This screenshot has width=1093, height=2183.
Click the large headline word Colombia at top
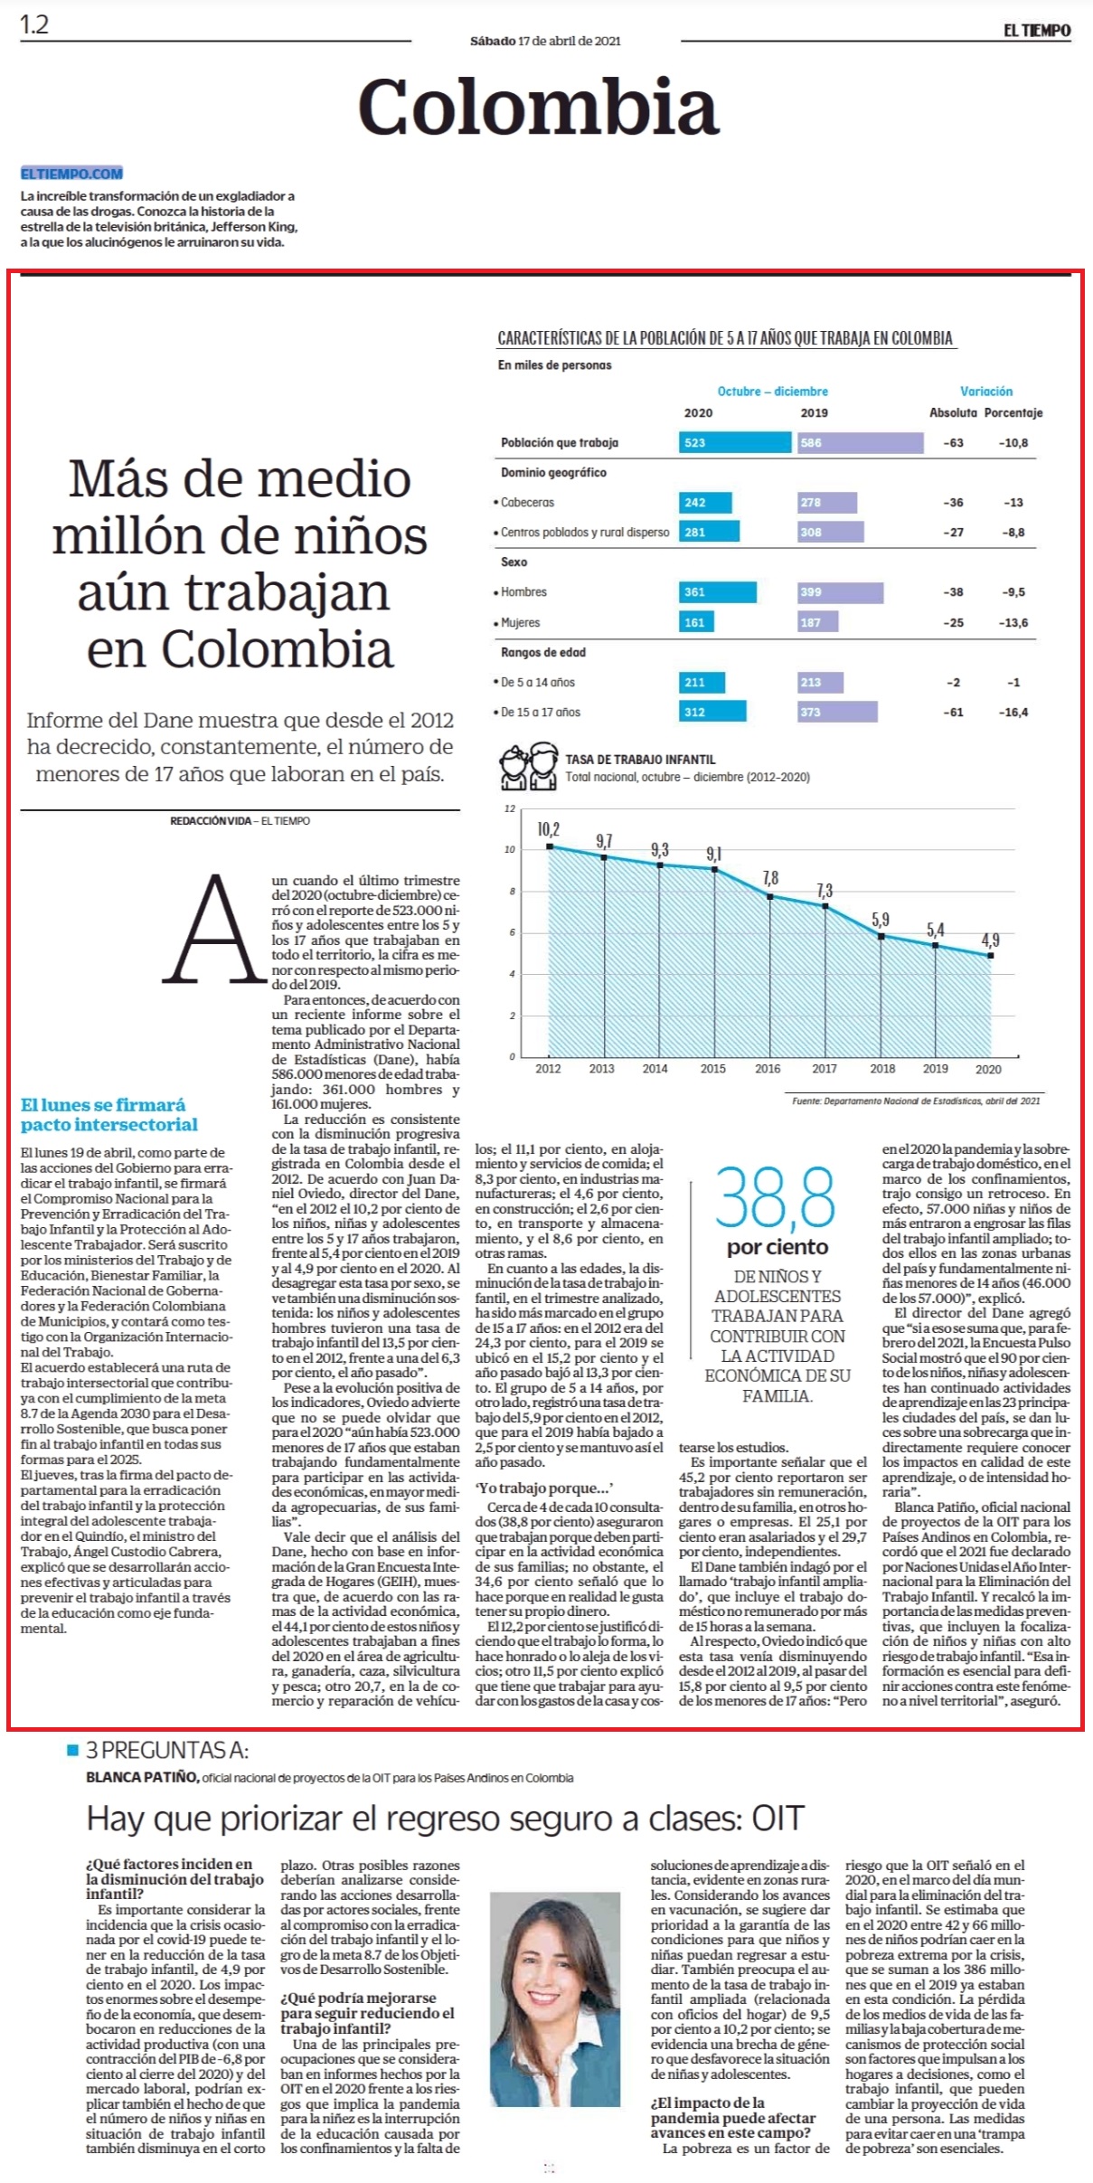tap(538, 108)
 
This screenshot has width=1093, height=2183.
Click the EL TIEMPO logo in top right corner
tap(1036, 30)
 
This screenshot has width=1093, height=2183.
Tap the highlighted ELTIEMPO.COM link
tap(71, 174)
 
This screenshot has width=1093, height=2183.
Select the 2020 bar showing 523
tap(735, 442)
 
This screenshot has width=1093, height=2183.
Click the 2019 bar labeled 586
tap(861, 442)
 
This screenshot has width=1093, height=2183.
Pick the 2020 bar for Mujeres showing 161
tap(696, 622)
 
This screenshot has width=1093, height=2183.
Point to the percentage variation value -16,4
tap(1013, 712)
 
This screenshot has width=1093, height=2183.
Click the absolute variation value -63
tap(953, 442)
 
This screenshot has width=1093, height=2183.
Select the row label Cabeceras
tap(527, 502)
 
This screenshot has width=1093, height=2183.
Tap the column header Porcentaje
tap(1013, 412)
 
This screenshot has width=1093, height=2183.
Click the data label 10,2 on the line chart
tap(548, 829)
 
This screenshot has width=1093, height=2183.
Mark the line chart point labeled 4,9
tap(992, 955)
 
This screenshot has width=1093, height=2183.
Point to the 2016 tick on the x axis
tap(768, 1068)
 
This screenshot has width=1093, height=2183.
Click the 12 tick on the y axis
tap(510, 808)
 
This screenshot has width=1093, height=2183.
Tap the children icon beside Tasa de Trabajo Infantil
tap(529, 767)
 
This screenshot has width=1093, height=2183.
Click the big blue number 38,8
tap(777, 1198)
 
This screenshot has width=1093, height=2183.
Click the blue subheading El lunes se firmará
tap(103, 1104)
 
